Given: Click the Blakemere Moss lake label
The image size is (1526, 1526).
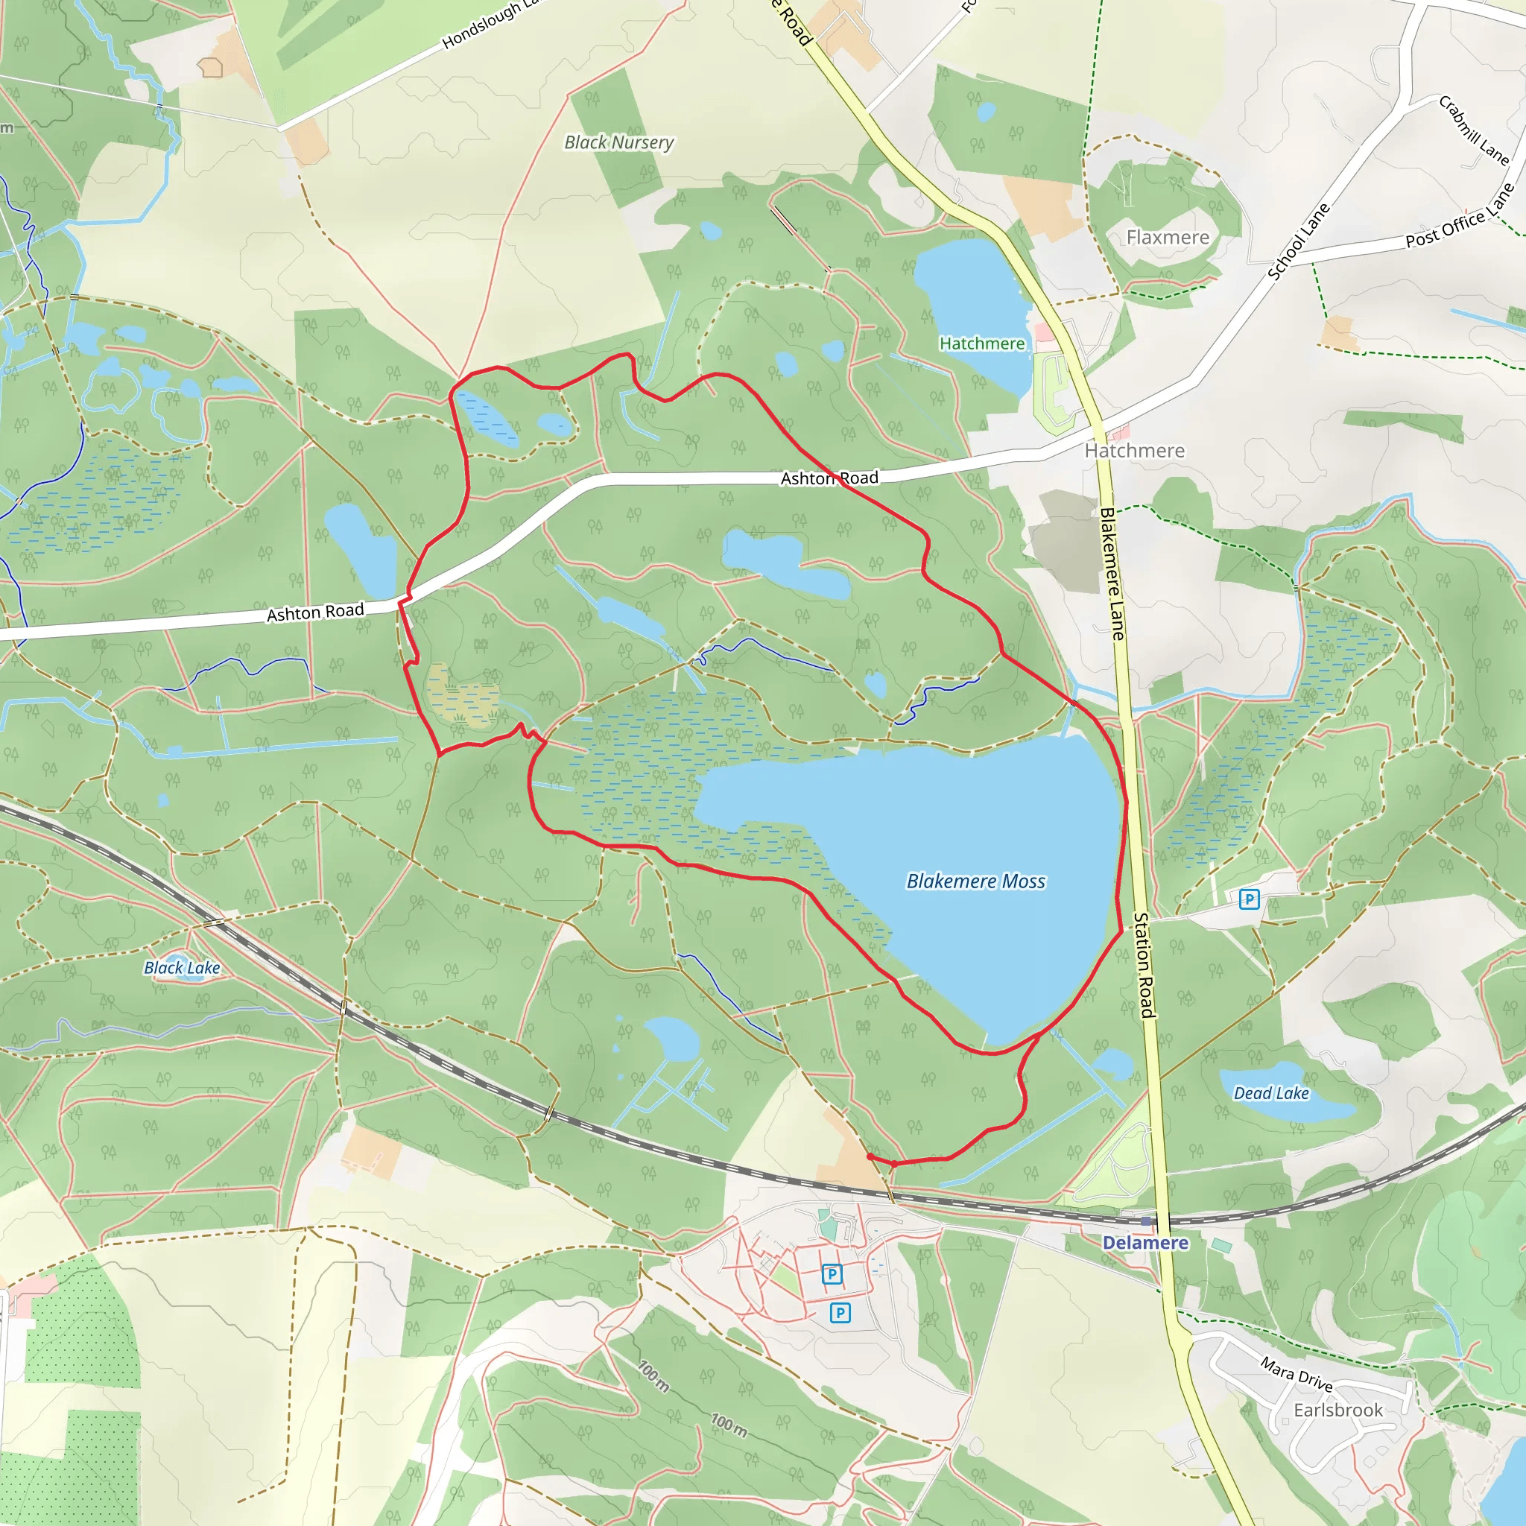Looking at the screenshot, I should click(x=975, y=881).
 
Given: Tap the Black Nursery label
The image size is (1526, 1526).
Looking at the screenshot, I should click(x=618, y=143).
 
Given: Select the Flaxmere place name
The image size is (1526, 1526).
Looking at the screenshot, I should click(x=1168, y=238).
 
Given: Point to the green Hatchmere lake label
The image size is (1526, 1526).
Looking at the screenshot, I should click(x=982, y=343).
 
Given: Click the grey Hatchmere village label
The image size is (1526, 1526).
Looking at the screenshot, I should click(x=1134, y=451).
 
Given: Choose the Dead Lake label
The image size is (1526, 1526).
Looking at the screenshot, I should click(x=1271, y=1093).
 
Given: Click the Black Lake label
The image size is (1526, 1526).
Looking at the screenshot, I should click(x=182, y=968).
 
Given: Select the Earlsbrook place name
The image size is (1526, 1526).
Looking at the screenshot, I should click(x=1338, y=1410).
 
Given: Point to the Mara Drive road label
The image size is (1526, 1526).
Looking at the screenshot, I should click(x=1297, y=1373).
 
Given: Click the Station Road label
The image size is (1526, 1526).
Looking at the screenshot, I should click(x=1144, y=965).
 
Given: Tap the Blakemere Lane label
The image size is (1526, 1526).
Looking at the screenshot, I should click(x=1112, y=574).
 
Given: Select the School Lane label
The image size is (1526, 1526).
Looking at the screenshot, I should click(x=1299, y=241).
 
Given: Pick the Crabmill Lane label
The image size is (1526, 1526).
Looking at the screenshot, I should click(x=1474, y=130).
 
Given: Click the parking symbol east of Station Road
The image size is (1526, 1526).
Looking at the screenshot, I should click(x=1249, y=899).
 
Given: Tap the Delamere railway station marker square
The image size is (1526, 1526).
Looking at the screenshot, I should click(x=1146, y=1221).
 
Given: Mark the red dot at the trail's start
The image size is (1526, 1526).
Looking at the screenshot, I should click(x=870, y=1156).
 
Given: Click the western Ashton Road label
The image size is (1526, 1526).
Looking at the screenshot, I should click(x=315, y=613).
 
